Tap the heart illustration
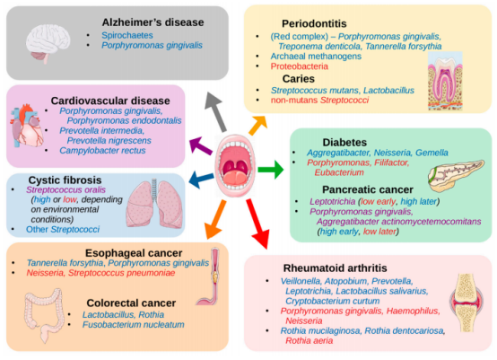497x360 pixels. (x=27, y=126)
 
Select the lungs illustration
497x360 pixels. (x=154, y=204)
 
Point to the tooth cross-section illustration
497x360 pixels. (x=445, y=81)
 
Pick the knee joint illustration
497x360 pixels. (x=466, y=303)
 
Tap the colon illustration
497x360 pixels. (x=44, y=315)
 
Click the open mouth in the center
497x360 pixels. (x=235, y=165)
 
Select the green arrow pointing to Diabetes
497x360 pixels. (x=271, y=170)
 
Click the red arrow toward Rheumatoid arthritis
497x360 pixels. (x=257, y=224)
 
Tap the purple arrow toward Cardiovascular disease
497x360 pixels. (x=201, y=145)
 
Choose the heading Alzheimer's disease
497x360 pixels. (x=153, y=22)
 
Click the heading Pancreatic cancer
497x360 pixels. (x=368, y=189)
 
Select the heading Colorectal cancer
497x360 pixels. (x=131, y=303)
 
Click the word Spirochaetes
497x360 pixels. (x=127, y=35)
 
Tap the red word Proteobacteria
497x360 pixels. (x=300, y=66)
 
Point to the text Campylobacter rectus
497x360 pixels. (x=102, y=150)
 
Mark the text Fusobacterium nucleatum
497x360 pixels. (x=133, y=325)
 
